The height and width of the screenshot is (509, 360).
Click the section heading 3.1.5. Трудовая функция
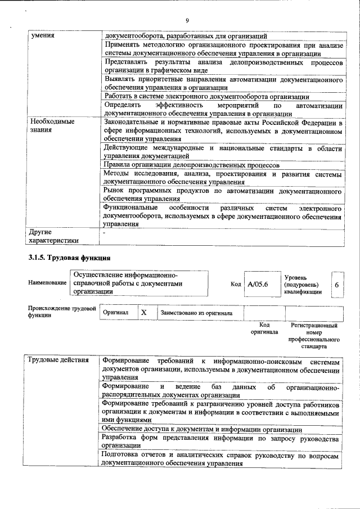click(69, 258)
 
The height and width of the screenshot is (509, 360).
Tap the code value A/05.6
click(257, 285)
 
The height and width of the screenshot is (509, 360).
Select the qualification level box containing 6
click(336, 285)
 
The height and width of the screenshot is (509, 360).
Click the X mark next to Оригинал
click(144, 312)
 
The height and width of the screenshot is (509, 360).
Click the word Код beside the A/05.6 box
click(236, 285)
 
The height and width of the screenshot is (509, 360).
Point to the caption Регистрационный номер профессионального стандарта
click(314, 336)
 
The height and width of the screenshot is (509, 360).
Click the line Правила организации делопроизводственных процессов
click(191, 165)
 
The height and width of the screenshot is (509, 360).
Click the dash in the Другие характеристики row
click(104, 232)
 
